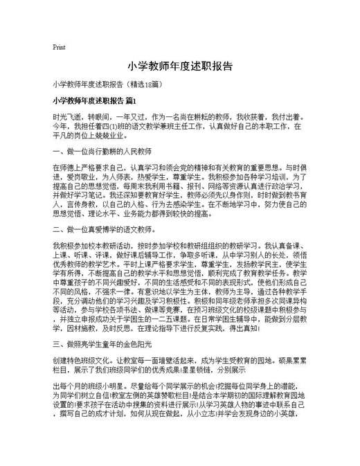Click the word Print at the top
pos(59,48)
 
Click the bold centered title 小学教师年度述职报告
pos(180,67)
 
